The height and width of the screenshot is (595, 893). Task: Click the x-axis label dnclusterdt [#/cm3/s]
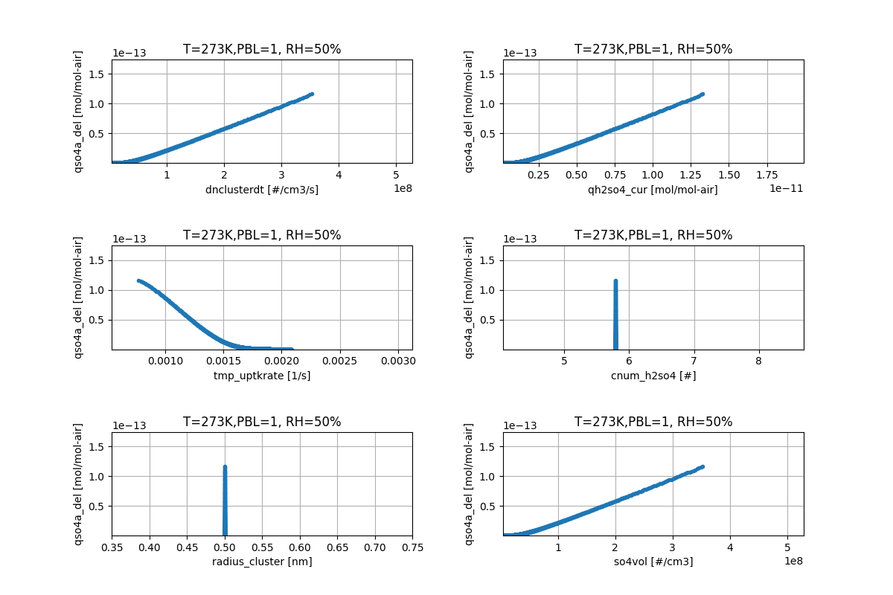point(262,190)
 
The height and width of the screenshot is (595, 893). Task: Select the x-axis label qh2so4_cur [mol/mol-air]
point(653,190)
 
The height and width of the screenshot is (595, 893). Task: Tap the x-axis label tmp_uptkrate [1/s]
point(262,376)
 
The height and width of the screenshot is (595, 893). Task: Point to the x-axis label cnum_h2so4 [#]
point(653,376)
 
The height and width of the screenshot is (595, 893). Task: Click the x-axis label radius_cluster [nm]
point(262,562)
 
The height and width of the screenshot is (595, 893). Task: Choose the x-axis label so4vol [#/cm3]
point(653,562)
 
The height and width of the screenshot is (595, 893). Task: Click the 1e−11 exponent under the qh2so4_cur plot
point(786,188)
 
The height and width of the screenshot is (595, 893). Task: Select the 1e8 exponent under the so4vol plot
point(794,560)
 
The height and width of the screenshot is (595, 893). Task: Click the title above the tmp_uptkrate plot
point(262,236)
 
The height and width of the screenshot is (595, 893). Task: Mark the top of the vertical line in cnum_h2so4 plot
point(615,280)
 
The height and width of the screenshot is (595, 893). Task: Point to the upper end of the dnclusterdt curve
point(312,94)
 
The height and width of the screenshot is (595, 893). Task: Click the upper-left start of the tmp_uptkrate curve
point(138,280)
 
